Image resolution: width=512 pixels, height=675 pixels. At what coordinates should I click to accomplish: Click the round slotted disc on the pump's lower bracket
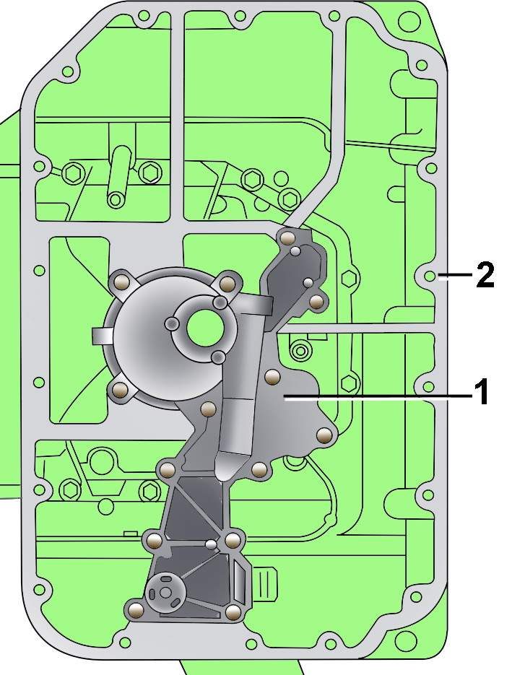pyautogui.click(x=165, y=593)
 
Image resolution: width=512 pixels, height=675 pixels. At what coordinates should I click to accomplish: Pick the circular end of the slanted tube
pyautogui.click(x=116, y=199)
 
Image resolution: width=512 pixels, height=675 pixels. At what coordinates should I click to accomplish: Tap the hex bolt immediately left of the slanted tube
pyautogui.click(x=73, y=173)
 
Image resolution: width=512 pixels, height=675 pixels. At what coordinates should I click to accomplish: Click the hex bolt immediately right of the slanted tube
pyautogui.click(x=149, y=173)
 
